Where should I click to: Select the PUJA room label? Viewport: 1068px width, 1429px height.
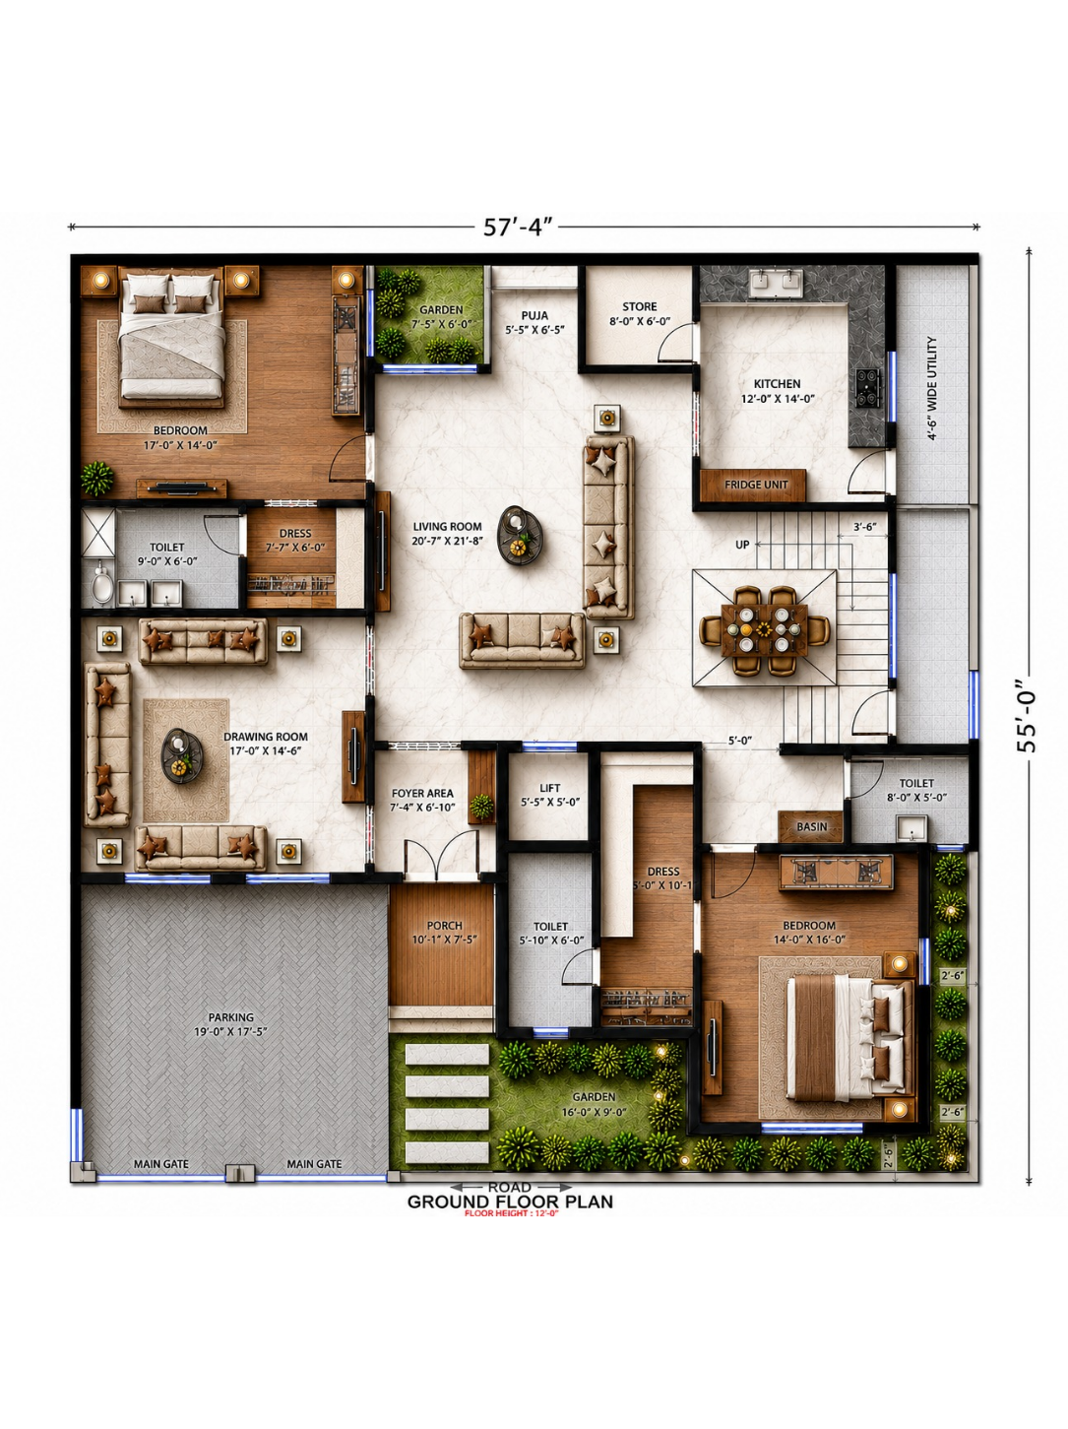tap(534, 316)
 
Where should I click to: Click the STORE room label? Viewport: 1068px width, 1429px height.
tap(640, 306)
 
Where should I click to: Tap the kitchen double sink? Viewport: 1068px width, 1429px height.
tap(777, 282)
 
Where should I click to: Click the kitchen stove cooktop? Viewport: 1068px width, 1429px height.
tap(868, 388)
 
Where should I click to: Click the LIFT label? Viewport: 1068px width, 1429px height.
tap(549, 788)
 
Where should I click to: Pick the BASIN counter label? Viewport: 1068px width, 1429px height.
tap(812, 827)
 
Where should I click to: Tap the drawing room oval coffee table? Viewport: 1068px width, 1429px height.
tap(182, 755)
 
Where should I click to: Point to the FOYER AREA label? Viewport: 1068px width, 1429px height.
tap(422, 794)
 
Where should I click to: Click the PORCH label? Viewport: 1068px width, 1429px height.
tap(445, 925)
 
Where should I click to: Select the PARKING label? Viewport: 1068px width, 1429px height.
tap(231, 1017)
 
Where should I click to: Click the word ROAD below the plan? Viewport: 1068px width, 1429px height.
tap(510, 1188)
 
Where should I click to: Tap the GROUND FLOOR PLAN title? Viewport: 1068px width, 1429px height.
tap(510, 1202)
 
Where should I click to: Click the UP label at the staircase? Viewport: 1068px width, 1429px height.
tap(742, 545)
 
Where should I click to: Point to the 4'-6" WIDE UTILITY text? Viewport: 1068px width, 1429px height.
tap(932, 389)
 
